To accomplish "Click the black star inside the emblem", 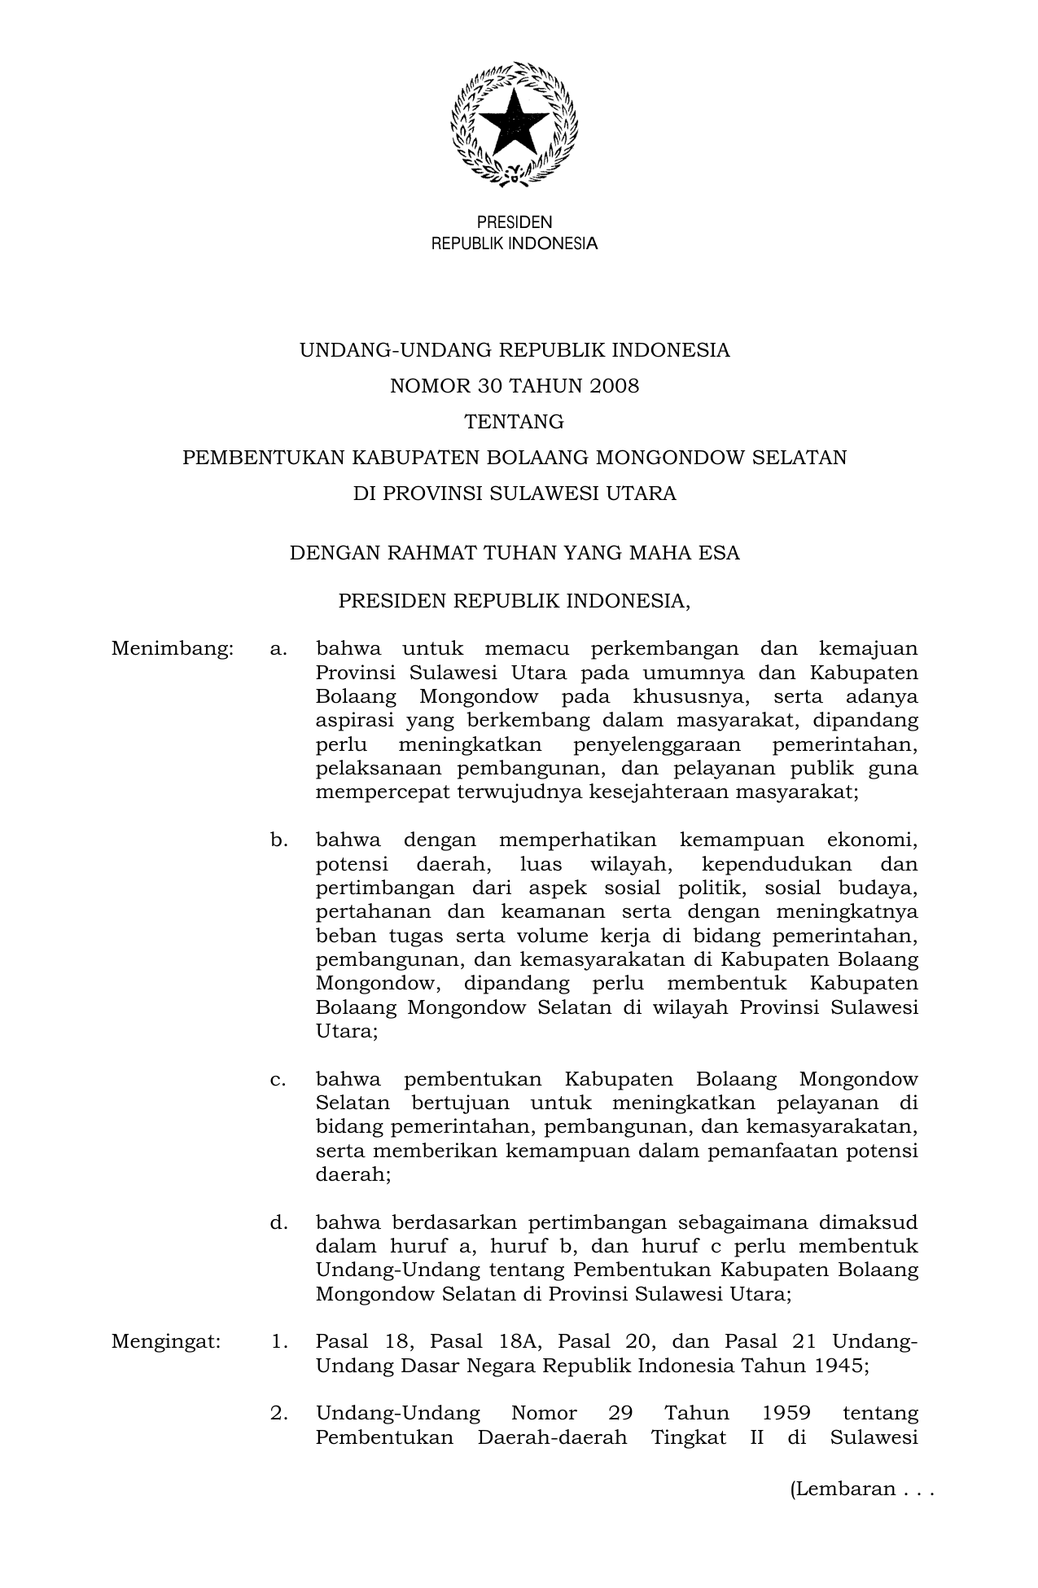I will [515, 123].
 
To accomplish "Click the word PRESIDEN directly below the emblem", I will [514, 222].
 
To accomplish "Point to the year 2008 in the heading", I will [615, 386].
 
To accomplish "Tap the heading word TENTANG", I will [514, 422].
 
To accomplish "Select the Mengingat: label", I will [166, 1341].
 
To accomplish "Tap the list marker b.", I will [279, 840].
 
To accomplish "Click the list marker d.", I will [279, 1222].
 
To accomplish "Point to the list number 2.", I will [279, 1413].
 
